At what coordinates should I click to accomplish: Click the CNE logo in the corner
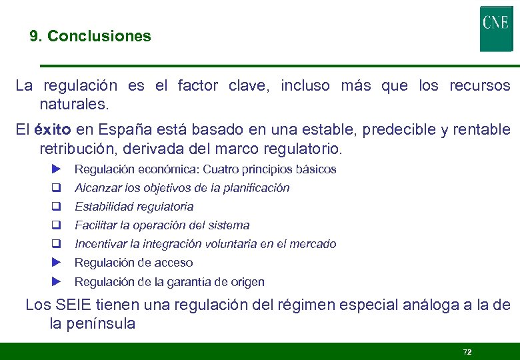tap(495, 29)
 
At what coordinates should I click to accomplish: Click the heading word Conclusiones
tap(99, 36)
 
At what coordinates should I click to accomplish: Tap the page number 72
tap(467, 351)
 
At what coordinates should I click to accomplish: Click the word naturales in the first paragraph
tap(73, 105)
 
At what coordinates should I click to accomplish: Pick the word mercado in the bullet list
tap(313, 244)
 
